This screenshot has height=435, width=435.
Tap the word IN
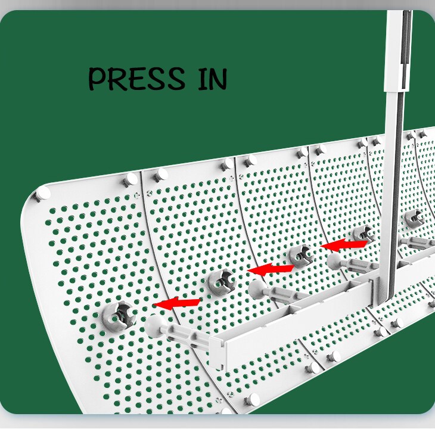(x=212, y=79)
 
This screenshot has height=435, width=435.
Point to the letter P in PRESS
(x=98, y=79)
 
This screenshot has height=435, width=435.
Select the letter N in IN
(x=218, y=79)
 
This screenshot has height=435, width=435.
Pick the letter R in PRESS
(x=117, y=79)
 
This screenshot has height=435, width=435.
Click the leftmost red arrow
(x=176, y=303)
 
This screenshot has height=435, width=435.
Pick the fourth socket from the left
(x=363, y=234)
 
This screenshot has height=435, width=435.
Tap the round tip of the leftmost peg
(x=157, y=326)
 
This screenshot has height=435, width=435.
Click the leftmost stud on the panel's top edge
(x=42, y=194)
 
